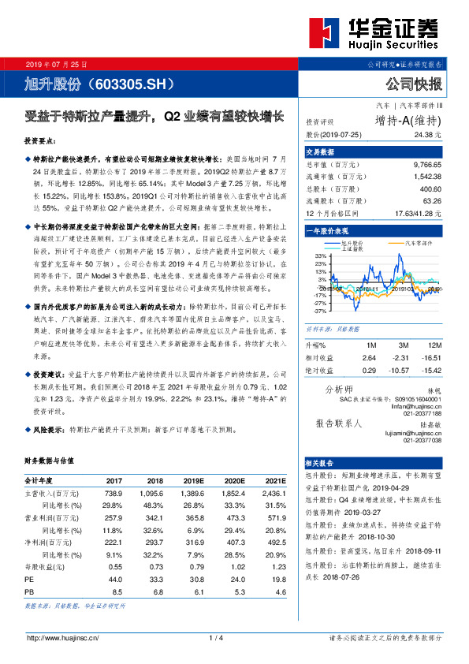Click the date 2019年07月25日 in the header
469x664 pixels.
click(56, 63)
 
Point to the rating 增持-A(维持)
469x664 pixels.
click(408, 121)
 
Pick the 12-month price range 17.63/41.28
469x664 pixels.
click(418, 213)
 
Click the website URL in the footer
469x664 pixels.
click(64, 638)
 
